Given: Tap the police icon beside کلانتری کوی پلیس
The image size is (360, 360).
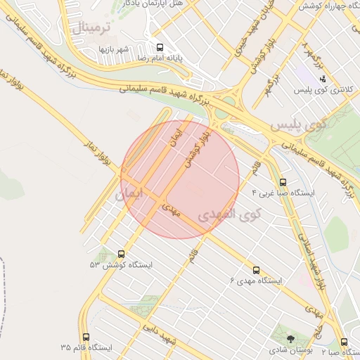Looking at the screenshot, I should click(322, 78).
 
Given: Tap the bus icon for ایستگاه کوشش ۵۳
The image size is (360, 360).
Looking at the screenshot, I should click(122, 254).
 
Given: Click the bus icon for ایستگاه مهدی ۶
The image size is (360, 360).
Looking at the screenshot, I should click(256, 269).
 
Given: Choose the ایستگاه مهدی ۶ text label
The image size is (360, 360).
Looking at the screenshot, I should click(256, 281).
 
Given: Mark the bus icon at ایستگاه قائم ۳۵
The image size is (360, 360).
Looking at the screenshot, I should click(86, 337).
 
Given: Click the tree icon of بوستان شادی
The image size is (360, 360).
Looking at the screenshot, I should click(291, 339).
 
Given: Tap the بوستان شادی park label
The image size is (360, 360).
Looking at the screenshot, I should click(287, 350).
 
